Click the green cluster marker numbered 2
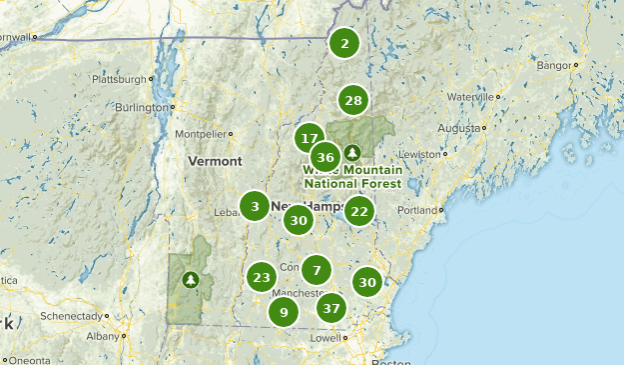point(344,43)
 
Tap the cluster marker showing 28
point(353,100)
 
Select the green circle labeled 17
point(310,139)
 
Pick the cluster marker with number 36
point(324,157)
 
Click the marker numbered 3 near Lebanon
point(255,206)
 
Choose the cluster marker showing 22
point(359,211)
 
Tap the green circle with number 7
point(316,269)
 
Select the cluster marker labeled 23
point(262,277)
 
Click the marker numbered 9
point(284,312)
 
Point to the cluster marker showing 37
point(332,308)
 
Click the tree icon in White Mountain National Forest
point(351,153)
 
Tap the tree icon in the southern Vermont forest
point(190,280)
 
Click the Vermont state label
point(216,161)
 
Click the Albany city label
point(102,336)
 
